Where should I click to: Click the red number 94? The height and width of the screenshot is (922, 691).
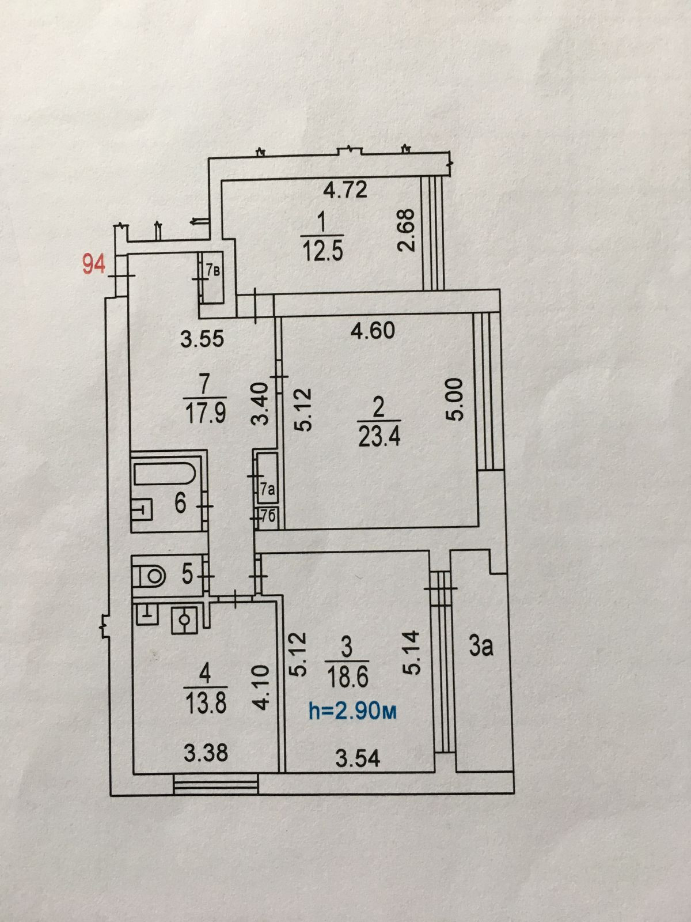pos(94,266)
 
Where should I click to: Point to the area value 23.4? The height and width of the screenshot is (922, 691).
pos(378,437)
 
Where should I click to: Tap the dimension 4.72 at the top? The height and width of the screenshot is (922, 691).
pos(344,189)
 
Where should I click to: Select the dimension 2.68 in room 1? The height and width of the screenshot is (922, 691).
pos(407,229)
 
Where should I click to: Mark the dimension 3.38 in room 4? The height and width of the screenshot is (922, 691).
pos(206,752)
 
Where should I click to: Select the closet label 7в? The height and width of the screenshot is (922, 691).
pos(214,270)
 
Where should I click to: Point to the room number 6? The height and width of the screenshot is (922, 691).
pos(180,504)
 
